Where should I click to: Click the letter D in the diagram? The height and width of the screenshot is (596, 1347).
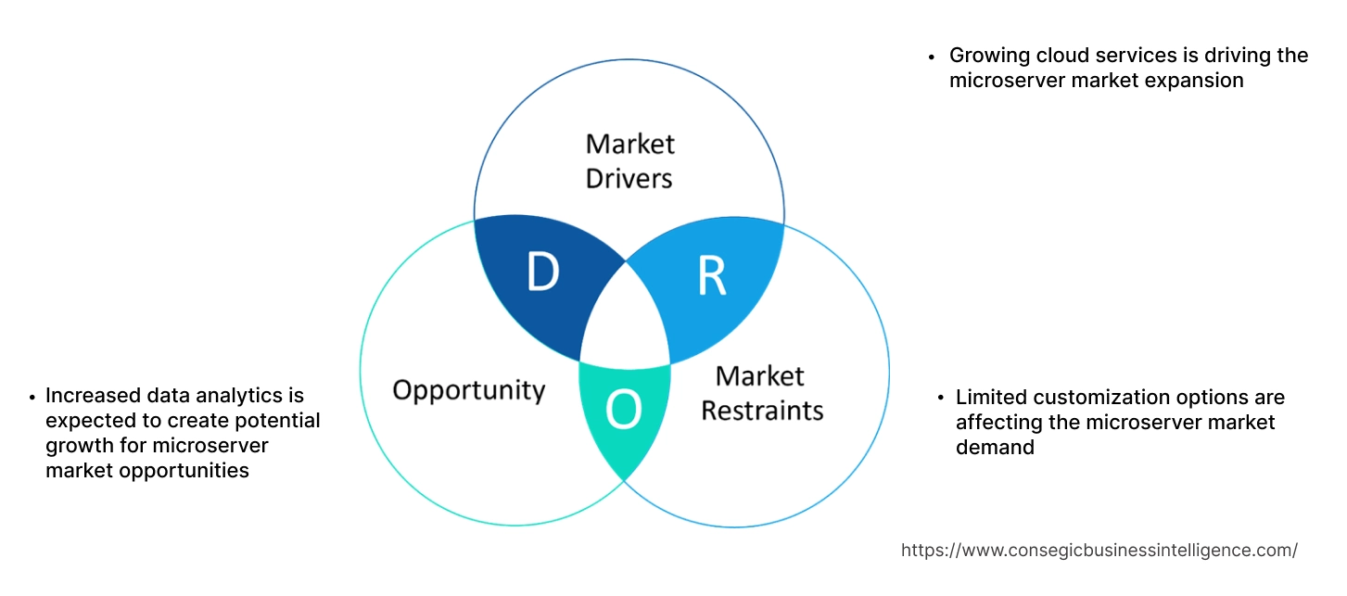pos(542,272)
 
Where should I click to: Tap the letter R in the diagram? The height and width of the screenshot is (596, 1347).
pos(711,274)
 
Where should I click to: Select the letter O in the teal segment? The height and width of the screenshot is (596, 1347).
pos(623,412)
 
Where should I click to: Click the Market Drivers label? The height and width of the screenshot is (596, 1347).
pos(629,160)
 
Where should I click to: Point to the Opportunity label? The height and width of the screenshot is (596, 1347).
pos(468,389)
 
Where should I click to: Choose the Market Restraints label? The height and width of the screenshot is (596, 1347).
pos(761,392)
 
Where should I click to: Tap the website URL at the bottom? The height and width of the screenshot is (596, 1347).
pos(1099,550)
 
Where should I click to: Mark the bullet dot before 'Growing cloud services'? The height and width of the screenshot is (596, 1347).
pos(933,57)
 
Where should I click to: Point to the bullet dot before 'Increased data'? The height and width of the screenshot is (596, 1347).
pos(32,398)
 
